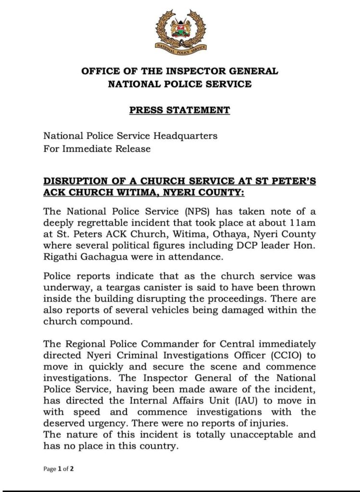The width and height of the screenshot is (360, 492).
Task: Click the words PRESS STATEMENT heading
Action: [x=180, y=111]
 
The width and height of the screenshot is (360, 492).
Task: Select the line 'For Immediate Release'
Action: [x=97, y=149]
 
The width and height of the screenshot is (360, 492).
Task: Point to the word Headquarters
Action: [x=188, y=136]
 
